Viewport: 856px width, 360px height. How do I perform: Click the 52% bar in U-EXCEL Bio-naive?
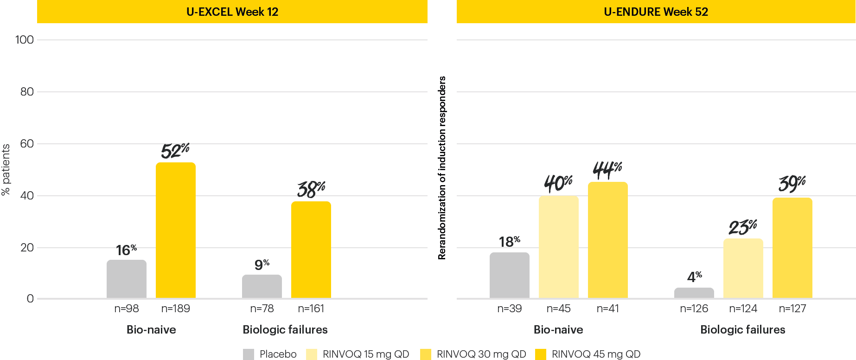tap(175, 230)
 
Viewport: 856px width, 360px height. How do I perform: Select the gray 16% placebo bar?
tap(126, 279)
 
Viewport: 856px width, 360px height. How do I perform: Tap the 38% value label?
tap(311, 189)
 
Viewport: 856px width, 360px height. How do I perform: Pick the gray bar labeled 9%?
tap(262, 286)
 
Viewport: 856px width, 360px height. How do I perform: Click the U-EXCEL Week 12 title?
tap(232, 12)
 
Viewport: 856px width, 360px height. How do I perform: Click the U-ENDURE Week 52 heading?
tap(656, 12)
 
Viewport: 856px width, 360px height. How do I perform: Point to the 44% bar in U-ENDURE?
tap(607, 240)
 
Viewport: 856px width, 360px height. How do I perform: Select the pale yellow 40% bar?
tap(558, 247)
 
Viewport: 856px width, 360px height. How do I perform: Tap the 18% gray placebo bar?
tap(509, 275)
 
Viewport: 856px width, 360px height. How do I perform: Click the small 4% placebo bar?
tap(694, 293)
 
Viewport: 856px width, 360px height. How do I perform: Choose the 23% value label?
tap(742, 227)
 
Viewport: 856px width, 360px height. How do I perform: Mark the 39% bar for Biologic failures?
tap(792, 248)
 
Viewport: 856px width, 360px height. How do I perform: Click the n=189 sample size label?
tap(175, 309)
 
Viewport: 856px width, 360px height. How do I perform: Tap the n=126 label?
tap(694, 309)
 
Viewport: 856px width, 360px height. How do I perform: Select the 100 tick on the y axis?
tap(25, 40)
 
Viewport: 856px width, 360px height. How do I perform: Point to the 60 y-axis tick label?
tap(27, 144)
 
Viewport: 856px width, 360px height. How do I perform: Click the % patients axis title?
tap(6, 170)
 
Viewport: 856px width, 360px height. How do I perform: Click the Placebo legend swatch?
tap(249, 354)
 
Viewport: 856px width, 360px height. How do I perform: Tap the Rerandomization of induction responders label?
tap(442, 168)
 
